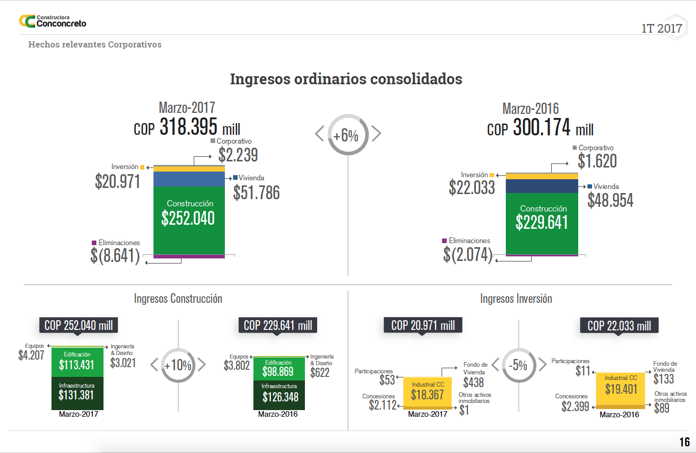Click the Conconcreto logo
[52, 21]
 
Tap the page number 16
[684, 442]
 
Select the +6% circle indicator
[348, 135]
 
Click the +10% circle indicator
[178, 365]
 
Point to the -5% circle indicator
[519, 365]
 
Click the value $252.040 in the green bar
[188, 218]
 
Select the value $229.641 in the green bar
[542, 222]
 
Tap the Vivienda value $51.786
[256, 192]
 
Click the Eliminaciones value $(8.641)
[115, 255]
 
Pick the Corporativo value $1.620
[597, 161]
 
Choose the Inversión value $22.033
[472, 187]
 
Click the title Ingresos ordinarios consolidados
[346, 79]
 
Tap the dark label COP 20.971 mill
[423, 325]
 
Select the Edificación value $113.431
[77, 365]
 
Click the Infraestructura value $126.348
[280, 397]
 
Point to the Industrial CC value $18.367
[427, 395]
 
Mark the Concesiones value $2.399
[575, 407]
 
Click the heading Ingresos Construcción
[178, 298]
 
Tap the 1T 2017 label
[661, 29]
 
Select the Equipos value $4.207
[31, 355]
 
